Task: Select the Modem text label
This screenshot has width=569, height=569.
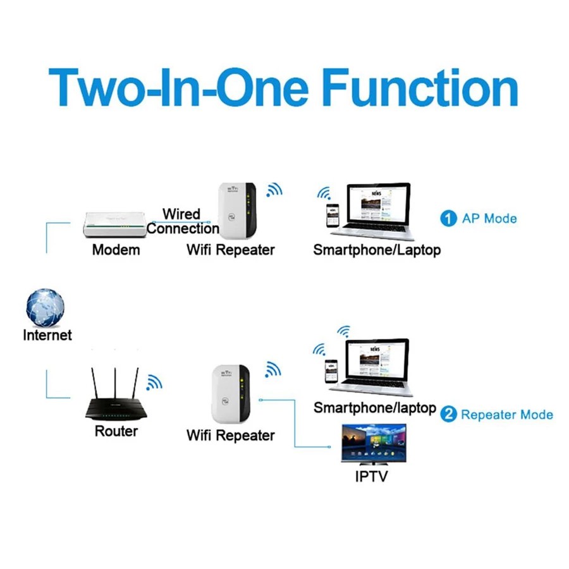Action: tap(116, 250)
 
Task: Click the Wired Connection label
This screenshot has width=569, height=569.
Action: tap(182, 221)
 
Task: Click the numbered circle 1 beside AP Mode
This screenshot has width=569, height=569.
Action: tap(448, 219)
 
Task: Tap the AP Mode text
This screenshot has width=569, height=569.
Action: tap(489, 219)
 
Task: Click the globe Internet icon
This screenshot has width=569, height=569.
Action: tap(46, 307)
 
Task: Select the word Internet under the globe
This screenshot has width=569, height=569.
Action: tap(47, 335)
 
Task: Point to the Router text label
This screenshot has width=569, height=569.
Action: tap(116, 432)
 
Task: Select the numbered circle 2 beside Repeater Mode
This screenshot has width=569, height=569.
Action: tap(448, 415)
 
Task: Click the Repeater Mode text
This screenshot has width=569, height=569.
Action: tap(506, 415)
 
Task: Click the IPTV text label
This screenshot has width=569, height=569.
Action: tap(371, 475)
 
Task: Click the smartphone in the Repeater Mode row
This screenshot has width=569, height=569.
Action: tap(330, 373)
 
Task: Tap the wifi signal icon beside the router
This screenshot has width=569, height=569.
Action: tap(154, 381)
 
